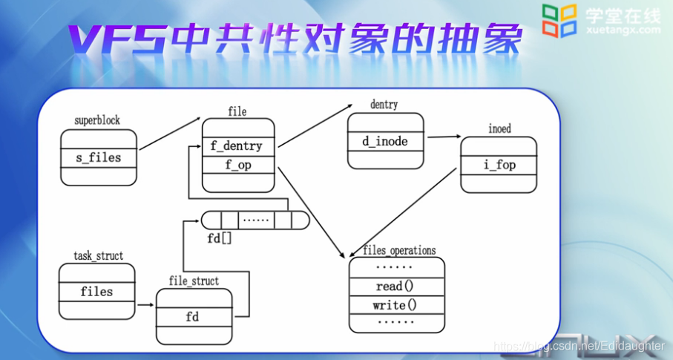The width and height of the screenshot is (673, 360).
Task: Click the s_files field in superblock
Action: point(99,157)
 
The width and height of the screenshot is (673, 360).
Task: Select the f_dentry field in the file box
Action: point(238,146)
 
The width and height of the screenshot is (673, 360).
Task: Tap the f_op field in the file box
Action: point(238,166)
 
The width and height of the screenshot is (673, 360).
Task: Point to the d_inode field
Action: point(385,141)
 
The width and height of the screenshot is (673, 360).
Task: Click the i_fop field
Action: point(499,165)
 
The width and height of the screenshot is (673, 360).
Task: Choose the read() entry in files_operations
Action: point(395,286)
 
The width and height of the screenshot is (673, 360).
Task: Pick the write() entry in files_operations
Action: point(395,305)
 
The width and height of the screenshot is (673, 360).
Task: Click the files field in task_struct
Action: point(96,292)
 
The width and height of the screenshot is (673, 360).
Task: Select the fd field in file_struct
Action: point(192,317)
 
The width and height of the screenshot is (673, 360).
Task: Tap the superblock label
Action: point(97,120)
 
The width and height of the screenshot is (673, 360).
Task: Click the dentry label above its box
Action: point(384,105)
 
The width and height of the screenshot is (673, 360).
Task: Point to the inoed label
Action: point(499,128)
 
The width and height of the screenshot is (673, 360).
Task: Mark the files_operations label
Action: point(399,250)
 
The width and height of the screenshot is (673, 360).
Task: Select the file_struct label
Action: point(194,281)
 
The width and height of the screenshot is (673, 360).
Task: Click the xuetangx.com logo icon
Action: point(559,20)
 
